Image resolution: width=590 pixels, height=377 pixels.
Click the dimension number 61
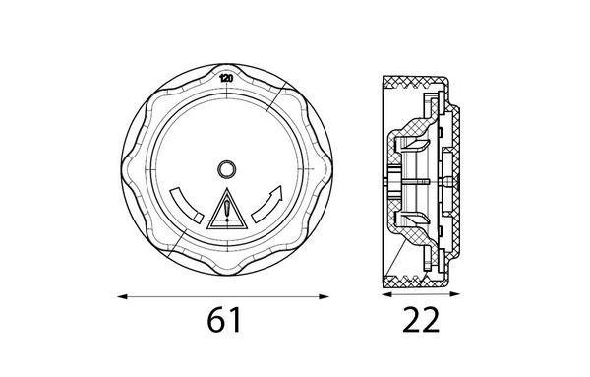224,319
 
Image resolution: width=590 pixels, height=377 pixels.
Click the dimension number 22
421,319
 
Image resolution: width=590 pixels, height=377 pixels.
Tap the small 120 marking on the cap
226,79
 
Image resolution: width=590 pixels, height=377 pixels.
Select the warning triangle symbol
227,210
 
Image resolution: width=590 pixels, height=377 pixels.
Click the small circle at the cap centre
227,169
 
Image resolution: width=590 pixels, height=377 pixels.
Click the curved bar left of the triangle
185,206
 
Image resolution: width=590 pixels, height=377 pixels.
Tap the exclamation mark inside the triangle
227,211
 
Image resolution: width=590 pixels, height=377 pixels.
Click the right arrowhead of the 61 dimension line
324,297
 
